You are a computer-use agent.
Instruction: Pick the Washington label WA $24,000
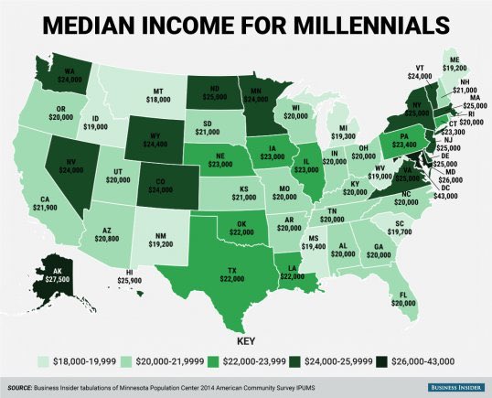point(94,76)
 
